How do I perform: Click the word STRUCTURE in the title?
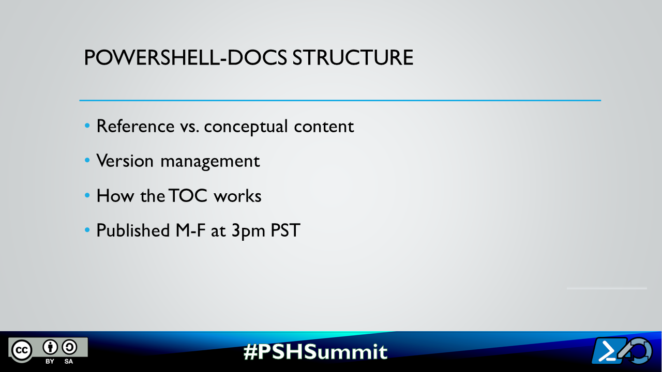[353, 58]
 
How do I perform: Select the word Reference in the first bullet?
[136, 126]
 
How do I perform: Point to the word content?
[324, 126]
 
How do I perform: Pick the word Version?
[125, 161]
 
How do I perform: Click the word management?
[210, 161]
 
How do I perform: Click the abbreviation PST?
[285, 230]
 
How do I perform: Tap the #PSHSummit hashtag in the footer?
[315, 351]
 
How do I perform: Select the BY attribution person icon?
[50, 347]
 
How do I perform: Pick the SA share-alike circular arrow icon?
[69, 347]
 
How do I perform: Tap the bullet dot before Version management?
[87, 161]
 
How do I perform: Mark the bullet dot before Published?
[87, 230]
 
